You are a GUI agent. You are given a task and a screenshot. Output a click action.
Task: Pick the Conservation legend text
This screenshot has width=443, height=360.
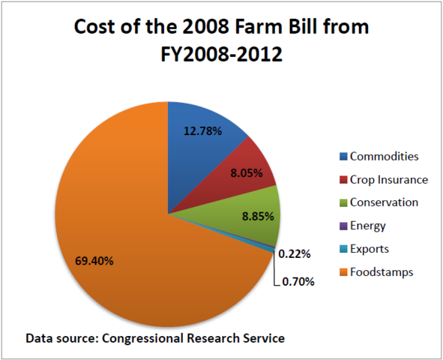click(x=384, y=202)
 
